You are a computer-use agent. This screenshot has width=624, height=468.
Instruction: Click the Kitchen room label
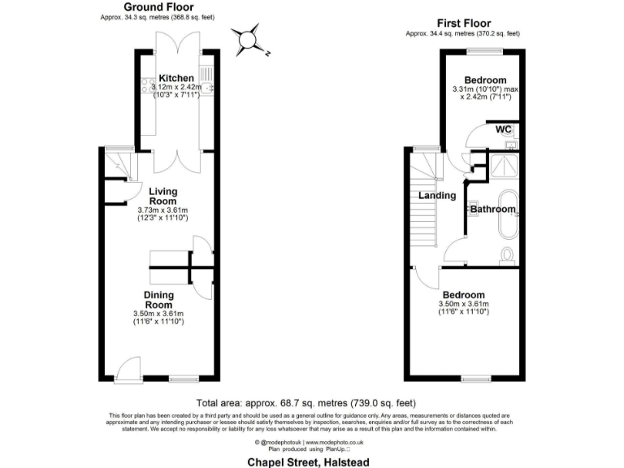[175, 77]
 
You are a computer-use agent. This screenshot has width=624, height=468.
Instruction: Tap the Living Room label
[162, 197]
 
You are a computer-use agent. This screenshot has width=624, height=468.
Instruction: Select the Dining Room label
[158, 299]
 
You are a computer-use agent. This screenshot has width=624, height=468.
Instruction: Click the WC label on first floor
[504, 130]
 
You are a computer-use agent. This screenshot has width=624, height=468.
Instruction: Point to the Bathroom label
[493, 210]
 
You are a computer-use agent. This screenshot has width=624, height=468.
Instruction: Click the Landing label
[436, 196]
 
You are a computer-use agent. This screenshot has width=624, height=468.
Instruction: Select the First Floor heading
[463, 24]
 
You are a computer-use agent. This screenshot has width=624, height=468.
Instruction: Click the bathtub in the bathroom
[510, 208]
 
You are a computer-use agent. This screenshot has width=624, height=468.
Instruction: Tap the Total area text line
[306, 402]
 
